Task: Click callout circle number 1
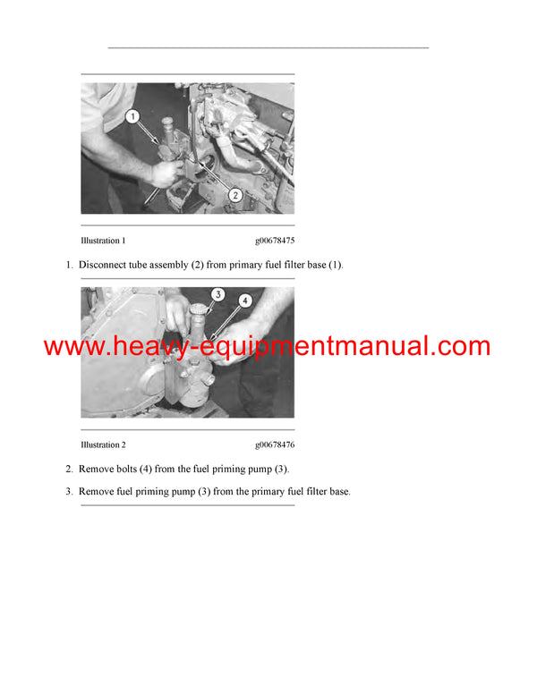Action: (x=132, y=116)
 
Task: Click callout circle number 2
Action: (x=235, y=195)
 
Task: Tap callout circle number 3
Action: (x=217, y=294)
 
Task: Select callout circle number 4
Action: (x=245, y=300)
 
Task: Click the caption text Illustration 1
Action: (x=103, y=241)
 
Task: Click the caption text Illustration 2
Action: (x=103, y=444)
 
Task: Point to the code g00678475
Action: (x=275, y=241)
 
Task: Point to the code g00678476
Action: (x=275, y=444)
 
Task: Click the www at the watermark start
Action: (x=73, y=348)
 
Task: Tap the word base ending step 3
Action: (x=340, y=491)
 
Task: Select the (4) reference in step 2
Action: (x=146, y=469)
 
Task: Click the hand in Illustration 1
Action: (x=166, y=173)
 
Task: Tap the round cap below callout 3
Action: (x=200, y=309)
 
